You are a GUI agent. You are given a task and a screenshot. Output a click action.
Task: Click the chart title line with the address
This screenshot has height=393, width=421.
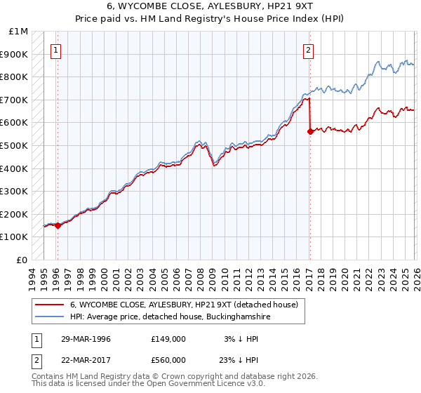pos(210,6)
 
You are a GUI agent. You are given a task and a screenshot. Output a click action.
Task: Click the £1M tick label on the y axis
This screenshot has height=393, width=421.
pos(18,32)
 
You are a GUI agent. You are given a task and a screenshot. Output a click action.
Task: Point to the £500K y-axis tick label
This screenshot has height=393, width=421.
pos(14,146)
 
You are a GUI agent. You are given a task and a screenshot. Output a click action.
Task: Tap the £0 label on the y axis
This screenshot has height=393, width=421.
pos(22,260)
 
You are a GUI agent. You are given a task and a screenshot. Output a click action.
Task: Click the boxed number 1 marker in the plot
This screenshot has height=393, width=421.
pos(56,50)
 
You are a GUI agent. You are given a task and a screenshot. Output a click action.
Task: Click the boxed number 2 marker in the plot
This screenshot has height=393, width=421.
pos(308,50)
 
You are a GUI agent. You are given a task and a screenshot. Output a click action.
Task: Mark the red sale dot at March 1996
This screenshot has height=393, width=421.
pos(58,225)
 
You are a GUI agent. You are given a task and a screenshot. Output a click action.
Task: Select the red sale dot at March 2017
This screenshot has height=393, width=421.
pos(310,131)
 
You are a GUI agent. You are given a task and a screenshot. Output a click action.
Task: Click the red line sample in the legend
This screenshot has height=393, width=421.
pos(50,305)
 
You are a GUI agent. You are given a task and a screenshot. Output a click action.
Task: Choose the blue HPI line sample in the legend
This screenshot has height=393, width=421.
pos(50,317)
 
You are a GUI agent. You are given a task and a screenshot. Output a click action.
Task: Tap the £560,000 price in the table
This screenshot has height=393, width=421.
pos(168,360)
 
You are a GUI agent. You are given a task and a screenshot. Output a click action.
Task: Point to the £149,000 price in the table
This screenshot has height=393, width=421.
pos(168,339)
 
